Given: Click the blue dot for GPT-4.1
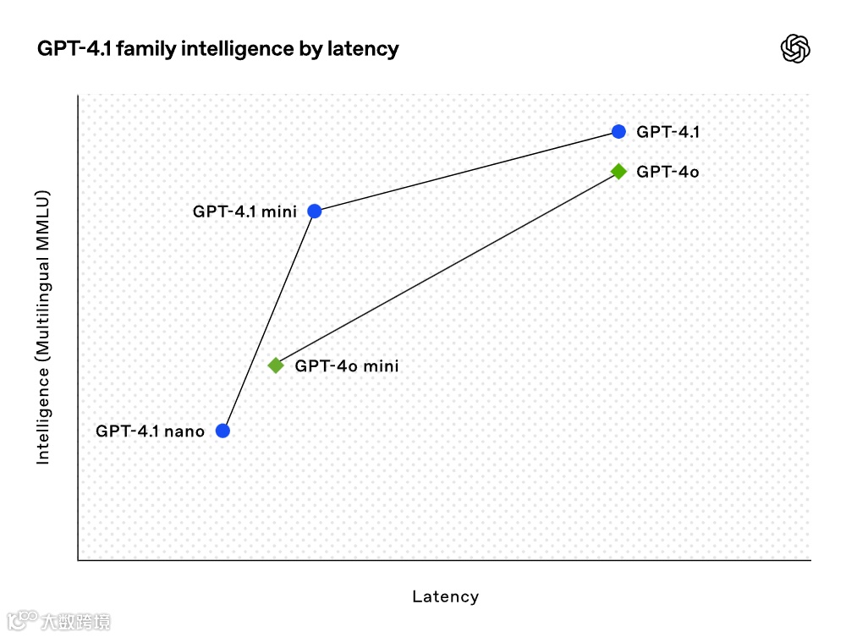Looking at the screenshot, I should coord(618,131).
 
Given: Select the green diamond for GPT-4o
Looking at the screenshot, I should coord(618,171).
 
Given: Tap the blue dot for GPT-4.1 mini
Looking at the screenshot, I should coord(314,211).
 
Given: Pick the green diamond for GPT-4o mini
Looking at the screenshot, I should coord(276,365).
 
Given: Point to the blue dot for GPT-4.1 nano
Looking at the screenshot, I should coord(222,431).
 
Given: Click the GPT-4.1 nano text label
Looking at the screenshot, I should coord(150,431).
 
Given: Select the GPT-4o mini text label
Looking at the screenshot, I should coord(346,366).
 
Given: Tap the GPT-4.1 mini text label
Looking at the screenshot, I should coord(244,211).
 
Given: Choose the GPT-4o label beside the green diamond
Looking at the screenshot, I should coord(667,172).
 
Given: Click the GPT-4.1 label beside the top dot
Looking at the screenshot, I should coord(667,132).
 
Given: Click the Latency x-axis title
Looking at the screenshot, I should coord(445,596).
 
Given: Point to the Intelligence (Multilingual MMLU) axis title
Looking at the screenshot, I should coord(43,327).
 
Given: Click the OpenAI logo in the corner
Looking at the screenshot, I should coord(794,49).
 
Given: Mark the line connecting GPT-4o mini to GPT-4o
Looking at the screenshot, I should coord(447,268).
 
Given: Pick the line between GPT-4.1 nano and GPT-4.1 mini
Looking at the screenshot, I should coord(268,321).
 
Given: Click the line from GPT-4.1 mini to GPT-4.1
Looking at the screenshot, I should coord(466,171).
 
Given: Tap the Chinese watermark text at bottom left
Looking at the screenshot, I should coord(75,622).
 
